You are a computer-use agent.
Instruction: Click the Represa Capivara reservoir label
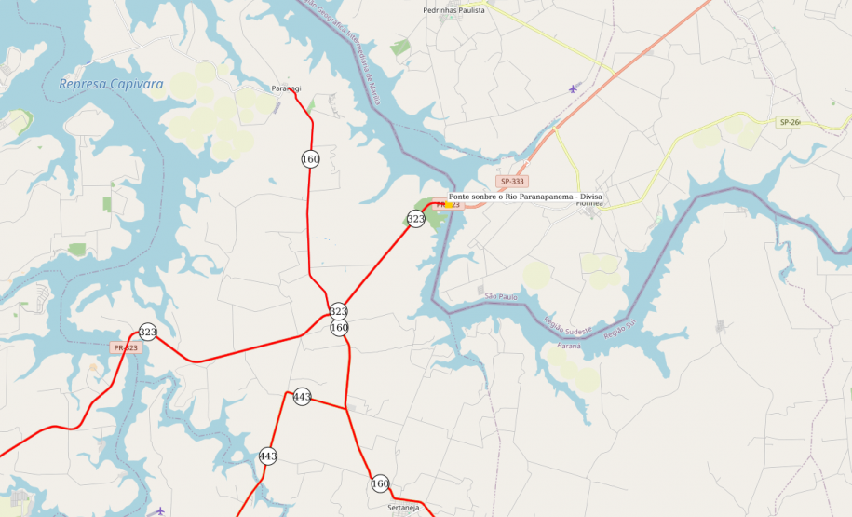click(111, 84)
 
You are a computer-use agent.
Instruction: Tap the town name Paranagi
click(287, 88)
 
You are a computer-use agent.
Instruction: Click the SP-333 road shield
click(512, 182)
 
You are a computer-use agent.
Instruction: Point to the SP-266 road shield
click(790, 122)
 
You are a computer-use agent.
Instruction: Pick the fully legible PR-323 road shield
click(125, 347)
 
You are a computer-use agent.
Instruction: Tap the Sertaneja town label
click(404, 508)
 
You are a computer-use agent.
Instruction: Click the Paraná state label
click(568, 346)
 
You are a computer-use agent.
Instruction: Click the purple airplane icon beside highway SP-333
click(573, 88)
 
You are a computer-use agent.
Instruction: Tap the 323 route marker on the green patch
click(415, 219)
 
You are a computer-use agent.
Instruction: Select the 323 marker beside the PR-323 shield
click(147, 332)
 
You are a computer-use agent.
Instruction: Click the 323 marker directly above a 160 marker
click(339, 311)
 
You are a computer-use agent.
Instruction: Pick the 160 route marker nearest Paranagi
click(310, 159)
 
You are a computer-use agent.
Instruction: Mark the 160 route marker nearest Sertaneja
click(380, 483)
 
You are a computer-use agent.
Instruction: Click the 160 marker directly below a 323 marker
click(339, 327)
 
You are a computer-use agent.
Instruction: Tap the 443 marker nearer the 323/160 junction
click(302, 397)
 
